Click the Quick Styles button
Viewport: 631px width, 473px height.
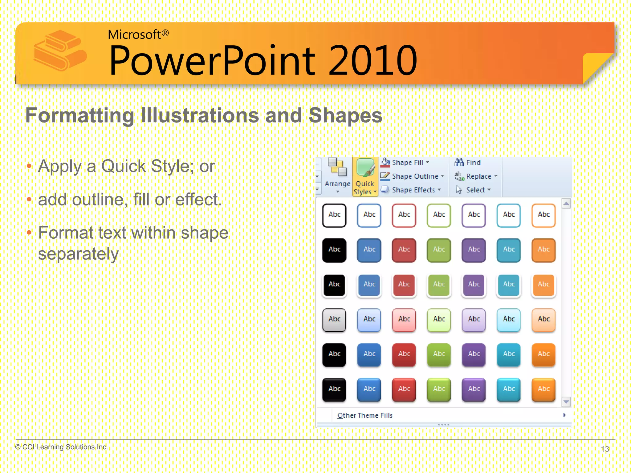[x=365, y=177]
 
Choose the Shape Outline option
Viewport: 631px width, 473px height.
[x=414, y=176]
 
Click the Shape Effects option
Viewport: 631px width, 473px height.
[x=412, y=190]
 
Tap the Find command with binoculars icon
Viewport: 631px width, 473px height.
[x=468, y=163]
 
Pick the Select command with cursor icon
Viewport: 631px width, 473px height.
[x=474, y=190]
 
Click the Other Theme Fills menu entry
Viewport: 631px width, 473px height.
[x=365, y=415]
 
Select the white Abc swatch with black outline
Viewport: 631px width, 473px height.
[x=334, y=215]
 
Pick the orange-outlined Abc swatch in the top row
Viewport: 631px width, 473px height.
[x=543, y=215]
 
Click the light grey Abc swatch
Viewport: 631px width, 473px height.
[x=334, y=320]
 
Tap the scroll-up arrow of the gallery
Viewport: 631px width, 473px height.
[x=566, y=204]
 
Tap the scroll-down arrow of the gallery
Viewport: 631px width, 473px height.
[x=566, y=402]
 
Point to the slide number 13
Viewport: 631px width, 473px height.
[x=605, y=449]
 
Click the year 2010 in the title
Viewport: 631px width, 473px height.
[x=373, y=61]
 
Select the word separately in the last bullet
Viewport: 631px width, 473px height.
[x=78, y=254]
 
